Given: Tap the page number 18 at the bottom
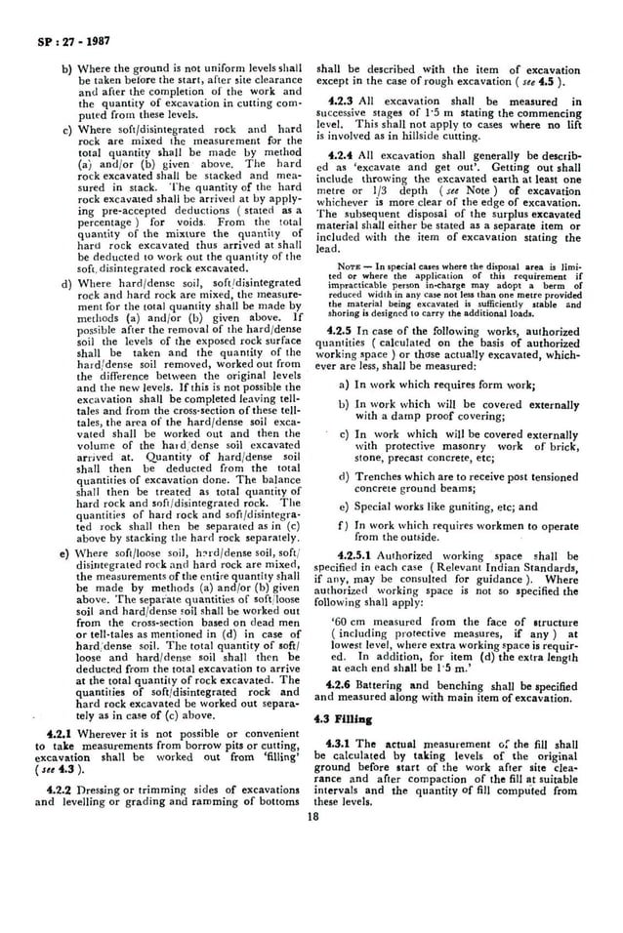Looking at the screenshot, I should point(312,818).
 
